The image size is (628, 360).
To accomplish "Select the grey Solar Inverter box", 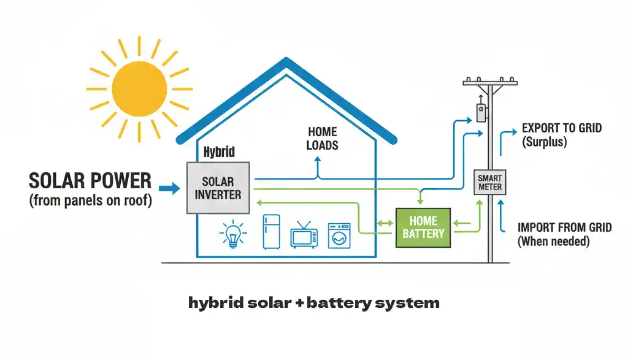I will click(218, 188).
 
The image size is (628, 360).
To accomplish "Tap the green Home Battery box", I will click(423, 227).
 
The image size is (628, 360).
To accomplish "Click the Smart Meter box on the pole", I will click(491, 182).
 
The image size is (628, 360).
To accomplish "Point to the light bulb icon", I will click(233, 234).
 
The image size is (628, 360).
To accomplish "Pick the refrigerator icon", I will click(272, 232).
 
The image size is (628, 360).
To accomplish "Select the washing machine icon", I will click(339, 235).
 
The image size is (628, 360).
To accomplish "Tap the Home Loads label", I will click(323, 138).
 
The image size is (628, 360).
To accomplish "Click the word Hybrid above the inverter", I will click(219, 151).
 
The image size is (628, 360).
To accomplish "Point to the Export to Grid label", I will click(561, 128).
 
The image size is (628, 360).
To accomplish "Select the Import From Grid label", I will click(564, 228).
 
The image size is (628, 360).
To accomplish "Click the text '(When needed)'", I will click(553, 242).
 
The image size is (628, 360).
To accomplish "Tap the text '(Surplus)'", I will click(544, 142).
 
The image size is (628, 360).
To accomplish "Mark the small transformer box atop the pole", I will click(481, 112).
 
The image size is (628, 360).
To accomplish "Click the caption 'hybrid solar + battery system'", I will click(313, 302).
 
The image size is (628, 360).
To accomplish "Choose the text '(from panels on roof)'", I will click(90, 201).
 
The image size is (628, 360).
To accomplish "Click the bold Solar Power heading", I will click(90, 180).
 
